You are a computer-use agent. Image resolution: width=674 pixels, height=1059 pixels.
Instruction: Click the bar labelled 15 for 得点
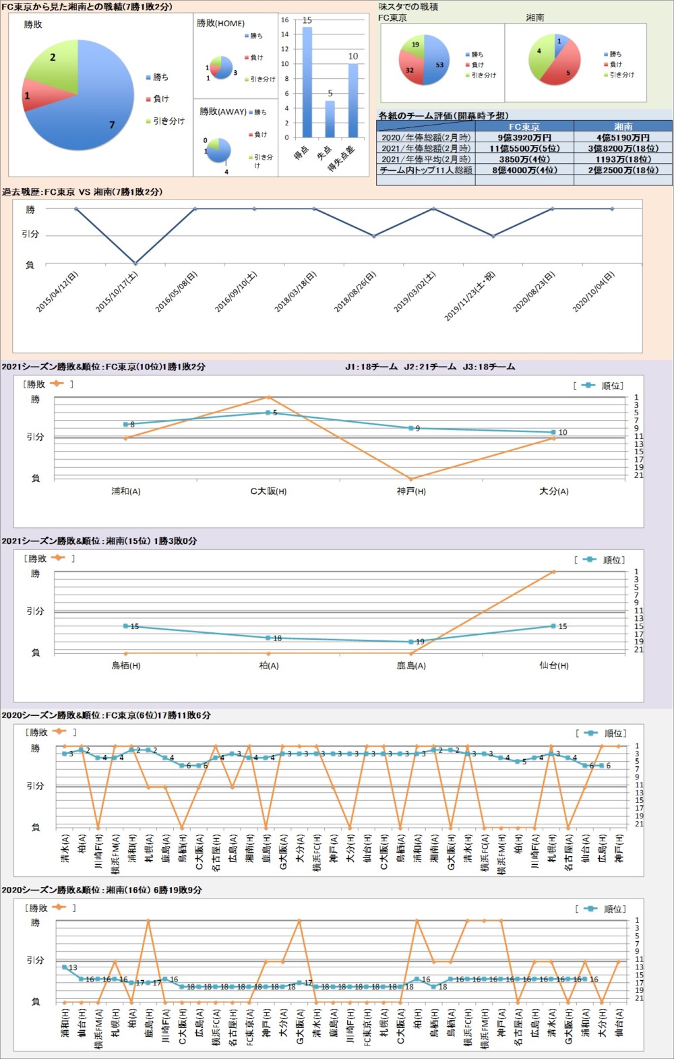307,81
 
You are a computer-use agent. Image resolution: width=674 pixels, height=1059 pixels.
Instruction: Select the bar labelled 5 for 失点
330,119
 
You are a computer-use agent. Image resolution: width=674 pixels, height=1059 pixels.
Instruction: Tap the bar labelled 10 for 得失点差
353,100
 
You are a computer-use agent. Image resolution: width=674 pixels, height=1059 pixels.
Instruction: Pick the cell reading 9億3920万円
524,138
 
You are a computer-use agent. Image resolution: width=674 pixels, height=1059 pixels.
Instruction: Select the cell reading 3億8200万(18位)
623,148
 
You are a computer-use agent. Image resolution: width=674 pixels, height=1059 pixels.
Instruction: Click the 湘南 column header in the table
623,126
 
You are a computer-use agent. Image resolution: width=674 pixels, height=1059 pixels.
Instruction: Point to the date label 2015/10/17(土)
117,292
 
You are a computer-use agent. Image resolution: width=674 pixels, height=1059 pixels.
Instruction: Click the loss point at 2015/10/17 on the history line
135,264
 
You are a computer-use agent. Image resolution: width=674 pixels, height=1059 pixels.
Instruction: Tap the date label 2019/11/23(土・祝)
469,295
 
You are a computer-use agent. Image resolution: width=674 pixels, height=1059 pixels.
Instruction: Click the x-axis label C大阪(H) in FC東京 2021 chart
268,491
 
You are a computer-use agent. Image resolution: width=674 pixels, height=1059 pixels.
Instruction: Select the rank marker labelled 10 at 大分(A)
553,432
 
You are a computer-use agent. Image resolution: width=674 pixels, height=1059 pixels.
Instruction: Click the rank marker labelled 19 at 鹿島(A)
411,642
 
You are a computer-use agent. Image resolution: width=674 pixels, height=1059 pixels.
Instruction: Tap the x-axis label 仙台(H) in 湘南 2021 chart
553,665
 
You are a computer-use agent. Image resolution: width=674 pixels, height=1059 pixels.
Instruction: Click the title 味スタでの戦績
408,7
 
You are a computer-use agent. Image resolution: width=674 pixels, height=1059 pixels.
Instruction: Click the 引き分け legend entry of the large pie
165,121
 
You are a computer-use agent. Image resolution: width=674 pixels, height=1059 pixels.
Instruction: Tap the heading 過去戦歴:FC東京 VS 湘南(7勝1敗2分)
82,192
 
